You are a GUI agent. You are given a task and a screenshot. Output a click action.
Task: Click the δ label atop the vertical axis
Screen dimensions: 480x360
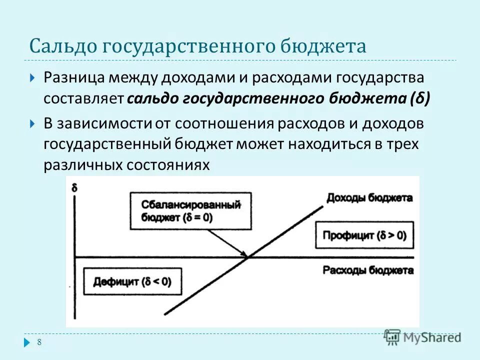[74, 188]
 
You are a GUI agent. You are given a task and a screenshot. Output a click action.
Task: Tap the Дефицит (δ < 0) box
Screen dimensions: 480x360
[132, 281]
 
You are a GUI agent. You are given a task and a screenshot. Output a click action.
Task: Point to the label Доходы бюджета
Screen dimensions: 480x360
[369, 197]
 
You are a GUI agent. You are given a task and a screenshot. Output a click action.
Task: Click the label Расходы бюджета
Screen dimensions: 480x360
[368, 270]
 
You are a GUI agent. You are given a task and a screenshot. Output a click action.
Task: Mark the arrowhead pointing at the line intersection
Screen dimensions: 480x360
[246, 255]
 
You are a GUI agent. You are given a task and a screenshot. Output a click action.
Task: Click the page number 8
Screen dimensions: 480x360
[39, 342]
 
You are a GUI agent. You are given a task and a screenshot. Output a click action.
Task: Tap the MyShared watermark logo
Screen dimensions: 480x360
[422, 337]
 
